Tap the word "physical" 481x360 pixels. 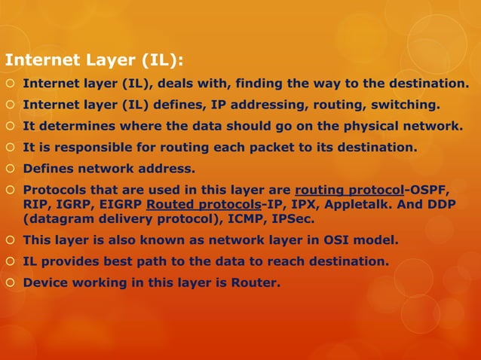pyautogui.click(x=352, y=126)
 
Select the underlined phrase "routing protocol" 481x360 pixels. pyautogui.click(x=348, y=191)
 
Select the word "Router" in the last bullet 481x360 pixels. pyautogui.click(x=256, y=284)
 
